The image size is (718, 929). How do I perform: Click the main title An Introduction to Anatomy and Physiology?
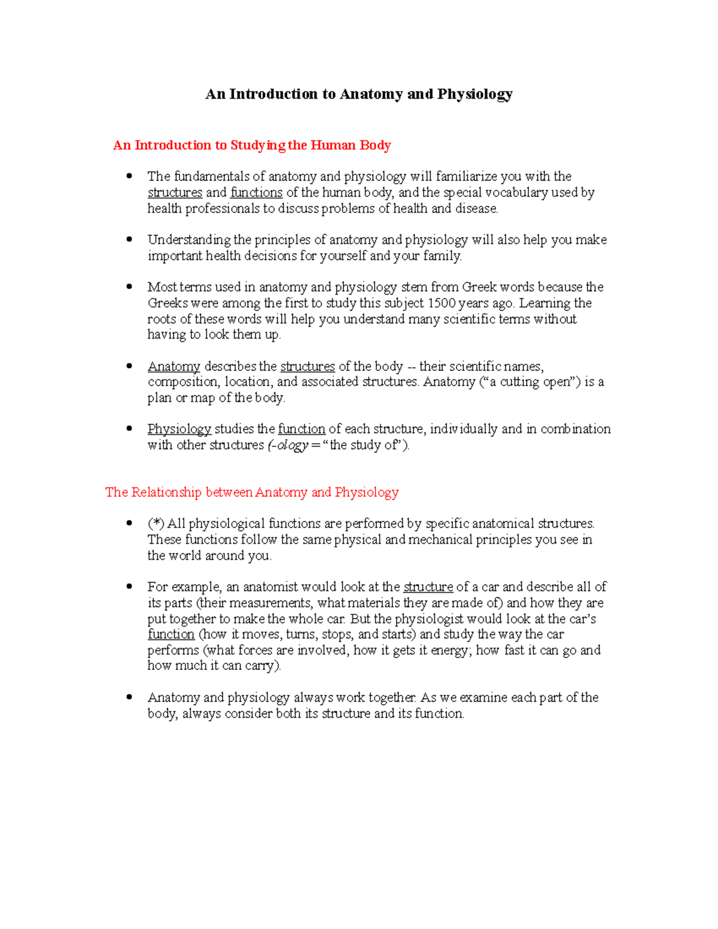[x=358, y=94]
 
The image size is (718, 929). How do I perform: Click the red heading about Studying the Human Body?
[x=252, y=145]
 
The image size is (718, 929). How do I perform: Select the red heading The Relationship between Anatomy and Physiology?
[x=252, y=492]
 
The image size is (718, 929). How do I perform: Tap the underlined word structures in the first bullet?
[x=175, y=193]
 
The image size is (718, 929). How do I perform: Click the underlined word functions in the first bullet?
[x=256, y=193]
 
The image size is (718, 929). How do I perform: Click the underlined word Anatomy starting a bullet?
[x=174, y=366]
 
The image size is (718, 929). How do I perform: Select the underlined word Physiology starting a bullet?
[x=179, y=429]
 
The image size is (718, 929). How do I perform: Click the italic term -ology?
[x=290, y=445]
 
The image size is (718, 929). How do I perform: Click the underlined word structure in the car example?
[x=428, y=587]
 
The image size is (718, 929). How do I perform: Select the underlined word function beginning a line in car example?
[x=171, y=634]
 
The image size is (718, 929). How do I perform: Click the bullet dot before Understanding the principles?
[x=129, y=239]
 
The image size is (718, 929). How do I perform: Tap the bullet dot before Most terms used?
[x=129, y=287]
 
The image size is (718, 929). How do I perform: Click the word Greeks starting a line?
[x=168, y=303]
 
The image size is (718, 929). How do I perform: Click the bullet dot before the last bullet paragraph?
[x=129, y=697]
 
